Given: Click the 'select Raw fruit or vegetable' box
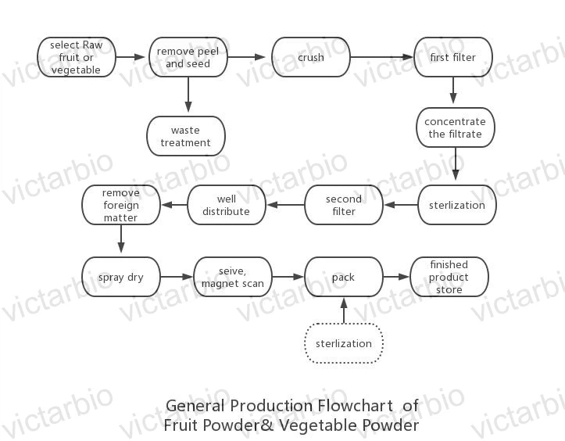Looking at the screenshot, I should click(76, 57).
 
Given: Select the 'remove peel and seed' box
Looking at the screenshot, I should click(188, 57).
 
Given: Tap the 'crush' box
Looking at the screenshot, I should click(310, 57).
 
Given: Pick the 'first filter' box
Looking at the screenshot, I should click(453, 57).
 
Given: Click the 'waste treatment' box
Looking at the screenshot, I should click(186, 136).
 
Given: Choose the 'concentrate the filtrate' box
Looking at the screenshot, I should click(455, 127).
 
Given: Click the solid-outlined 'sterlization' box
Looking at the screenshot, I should click(457, 205).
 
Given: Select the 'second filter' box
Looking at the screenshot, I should click(343, 205).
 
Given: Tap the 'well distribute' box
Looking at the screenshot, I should click(226, 205).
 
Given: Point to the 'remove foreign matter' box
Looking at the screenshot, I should click(121, 205).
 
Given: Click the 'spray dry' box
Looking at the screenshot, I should click(120, 277).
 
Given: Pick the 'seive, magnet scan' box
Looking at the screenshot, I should click(232, 277).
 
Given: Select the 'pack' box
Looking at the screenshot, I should click(343, 277).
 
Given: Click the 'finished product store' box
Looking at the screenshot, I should click(449, 277).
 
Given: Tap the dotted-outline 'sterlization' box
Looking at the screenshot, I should click(343, 343).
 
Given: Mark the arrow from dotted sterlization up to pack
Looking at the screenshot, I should click(343, 310).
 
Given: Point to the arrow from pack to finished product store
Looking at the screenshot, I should click(396, 277).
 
